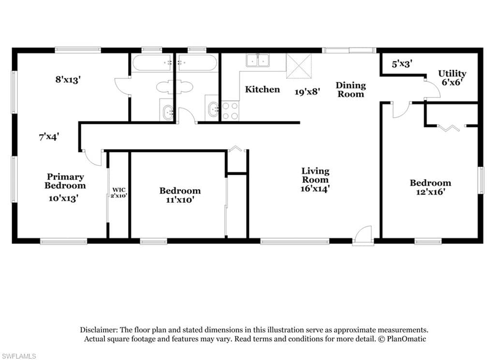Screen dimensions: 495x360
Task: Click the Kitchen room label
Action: coord(262,90)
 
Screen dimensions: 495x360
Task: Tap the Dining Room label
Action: coord(351,90)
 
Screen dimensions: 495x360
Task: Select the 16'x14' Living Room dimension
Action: coord(315,189)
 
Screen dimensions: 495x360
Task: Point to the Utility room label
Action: coord(452,74)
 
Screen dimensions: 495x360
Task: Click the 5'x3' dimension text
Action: coord(402,64)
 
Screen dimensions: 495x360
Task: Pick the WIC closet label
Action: coord(119,190)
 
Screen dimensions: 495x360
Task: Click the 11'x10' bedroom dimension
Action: coord(180,200)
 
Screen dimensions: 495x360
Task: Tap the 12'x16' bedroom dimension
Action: coord(431,192)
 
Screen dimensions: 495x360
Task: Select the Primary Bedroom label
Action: coord(65,181)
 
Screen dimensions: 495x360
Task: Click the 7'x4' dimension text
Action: coord(49,137)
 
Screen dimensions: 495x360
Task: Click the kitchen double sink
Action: coord(258,60)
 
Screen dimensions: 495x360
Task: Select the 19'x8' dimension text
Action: coord(307,92)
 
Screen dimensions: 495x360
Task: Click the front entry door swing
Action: coord(363,235)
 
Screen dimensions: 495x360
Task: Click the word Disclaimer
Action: coord(99,330)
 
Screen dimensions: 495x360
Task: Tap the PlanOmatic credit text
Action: coord(407,339)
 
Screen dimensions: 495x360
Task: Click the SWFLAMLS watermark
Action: coord(19,356)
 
